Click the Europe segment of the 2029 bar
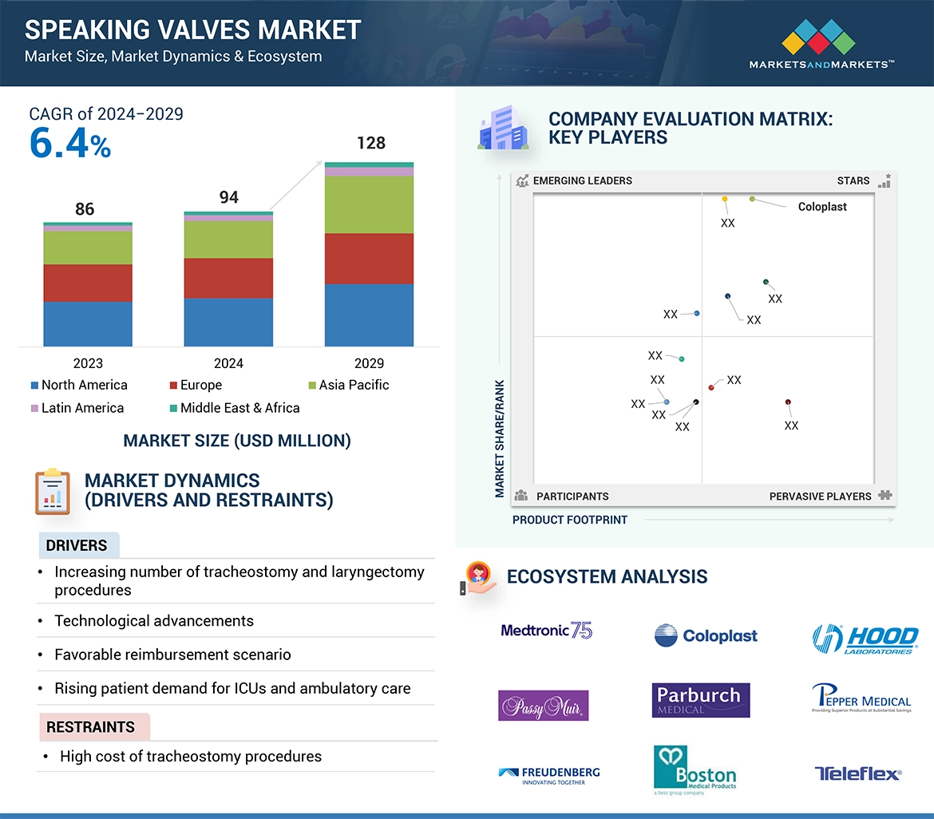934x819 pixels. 369,259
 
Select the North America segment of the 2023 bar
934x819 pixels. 88,323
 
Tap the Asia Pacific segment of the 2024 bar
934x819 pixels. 228,239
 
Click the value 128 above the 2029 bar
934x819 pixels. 370,143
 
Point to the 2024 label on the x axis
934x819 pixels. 228,363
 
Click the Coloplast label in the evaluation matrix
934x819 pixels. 822,207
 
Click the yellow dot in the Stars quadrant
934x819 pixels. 725,199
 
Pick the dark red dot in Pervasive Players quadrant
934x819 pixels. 788,402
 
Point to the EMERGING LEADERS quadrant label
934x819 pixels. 582,180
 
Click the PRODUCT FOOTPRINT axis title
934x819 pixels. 570,520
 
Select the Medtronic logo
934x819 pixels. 547,631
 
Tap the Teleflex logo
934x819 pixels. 858,773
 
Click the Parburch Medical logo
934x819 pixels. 700,700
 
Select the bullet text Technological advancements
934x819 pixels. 154,621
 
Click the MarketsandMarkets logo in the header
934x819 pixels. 821,44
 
